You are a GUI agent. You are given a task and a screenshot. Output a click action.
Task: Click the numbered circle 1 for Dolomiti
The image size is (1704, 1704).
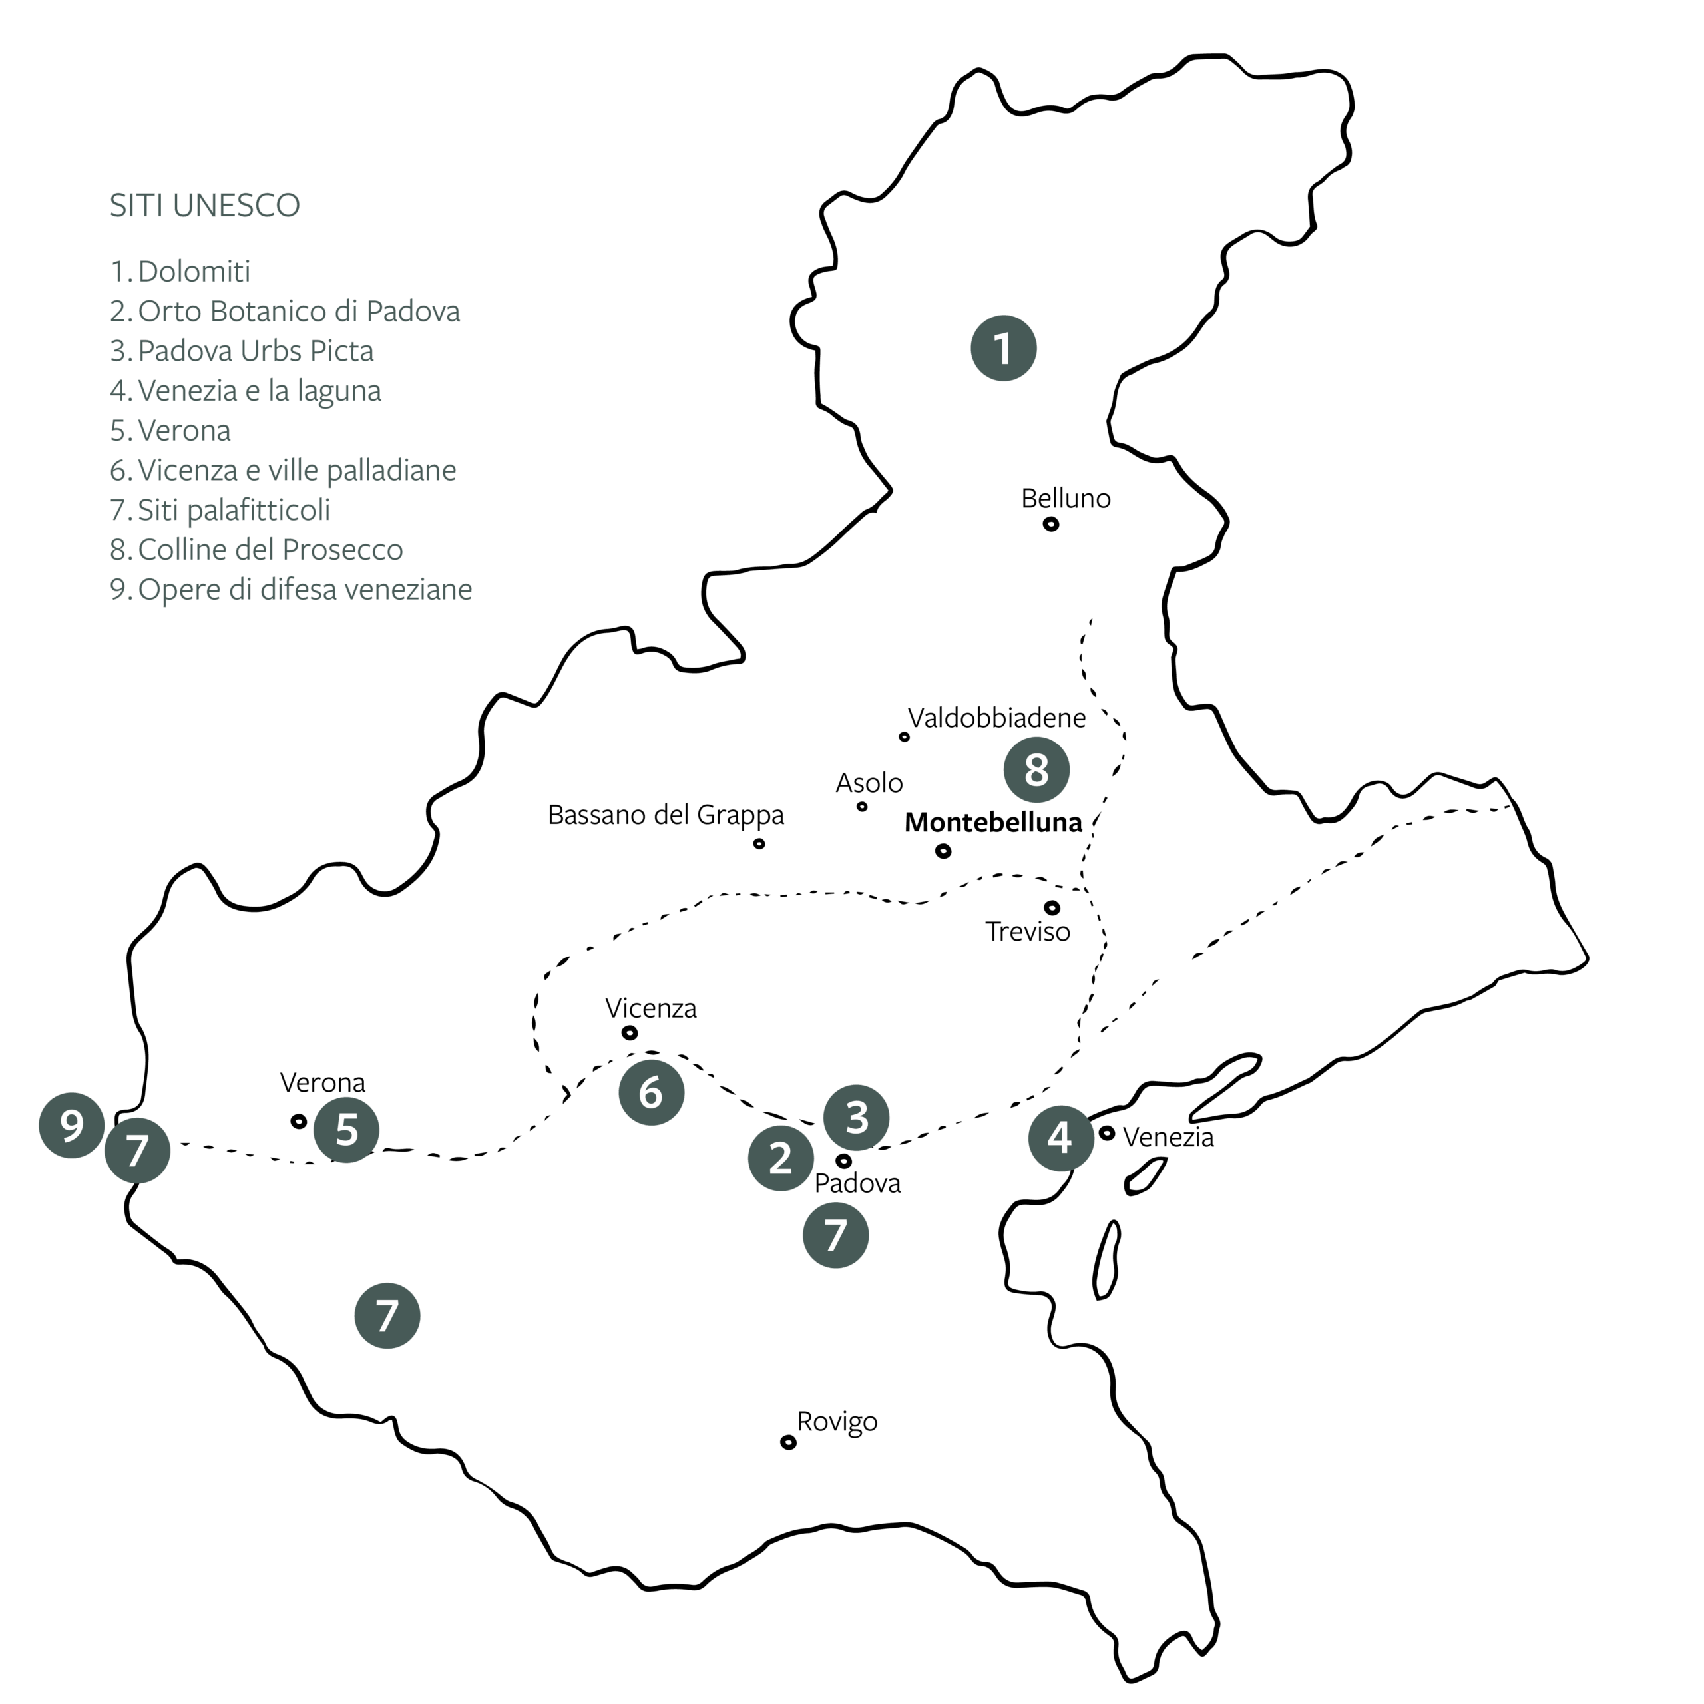click(x=1003, y=348)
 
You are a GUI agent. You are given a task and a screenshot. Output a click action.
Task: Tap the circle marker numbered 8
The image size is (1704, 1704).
click(x=1036, y=770)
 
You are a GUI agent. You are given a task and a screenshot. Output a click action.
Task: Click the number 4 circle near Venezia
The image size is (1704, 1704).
click(x=1060, y=1138)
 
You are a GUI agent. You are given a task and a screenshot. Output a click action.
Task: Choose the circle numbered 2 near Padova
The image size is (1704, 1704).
click(x=781, y=1158)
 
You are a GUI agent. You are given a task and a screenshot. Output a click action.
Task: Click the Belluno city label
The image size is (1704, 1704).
click(x=1066, y=499)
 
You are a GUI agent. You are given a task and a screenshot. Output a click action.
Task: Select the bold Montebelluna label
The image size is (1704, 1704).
click(x=993, y=822)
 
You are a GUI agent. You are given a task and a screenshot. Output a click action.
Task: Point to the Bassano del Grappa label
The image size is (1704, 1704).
click(x=666, y=815)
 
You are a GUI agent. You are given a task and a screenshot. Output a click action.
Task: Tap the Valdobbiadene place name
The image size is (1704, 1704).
click(x=996, y=718)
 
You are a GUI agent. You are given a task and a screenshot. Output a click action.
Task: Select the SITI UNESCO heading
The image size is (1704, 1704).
click(x=204, y=206)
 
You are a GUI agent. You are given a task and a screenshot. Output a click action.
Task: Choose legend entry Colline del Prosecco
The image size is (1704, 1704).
click(x=257, y=550)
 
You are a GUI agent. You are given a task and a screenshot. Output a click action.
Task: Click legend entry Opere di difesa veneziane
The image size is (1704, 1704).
click(x=291, y=589)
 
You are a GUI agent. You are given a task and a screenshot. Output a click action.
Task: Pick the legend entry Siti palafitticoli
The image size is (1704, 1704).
click(x=220, y=510)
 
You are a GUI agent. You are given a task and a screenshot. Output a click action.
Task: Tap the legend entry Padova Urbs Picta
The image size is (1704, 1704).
click(x=242, y=351)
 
